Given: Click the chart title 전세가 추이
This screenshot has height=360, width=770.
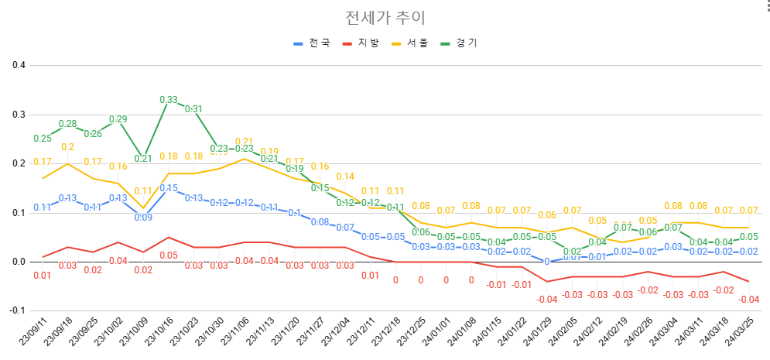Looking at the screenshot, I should [x=385, y=17].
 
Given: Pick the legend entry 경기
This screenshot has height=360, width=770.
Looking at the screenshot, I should [x=459, y=43].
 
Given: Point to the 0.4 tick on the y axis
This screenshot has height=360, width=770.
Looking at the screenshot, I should [x=19, y=65].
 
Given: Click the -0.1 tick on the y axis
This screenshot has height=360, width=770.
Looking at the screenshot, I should [x=17, y=310].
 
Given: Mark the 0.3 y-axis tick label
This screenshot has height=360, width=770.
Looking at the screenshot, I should [x=19, y=114].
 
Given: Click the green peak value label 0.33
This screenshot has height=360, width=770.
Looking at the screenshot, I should [x=169, y=100].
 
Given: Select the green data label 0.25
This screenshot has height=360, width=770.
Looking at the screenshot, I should [x=43, y=139].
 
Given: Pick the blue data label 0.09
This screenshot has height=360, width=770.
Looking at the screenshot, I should [x=143, y=218].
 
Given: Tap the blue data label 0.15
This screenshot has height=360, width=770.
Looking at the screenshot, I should [x=169, y=188].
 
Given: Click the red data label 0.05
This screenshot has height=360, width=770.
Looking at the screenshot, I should [x=169, y=255].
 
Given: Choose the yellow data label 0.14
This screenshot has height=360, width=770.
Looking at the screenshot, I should [x=345, y=177].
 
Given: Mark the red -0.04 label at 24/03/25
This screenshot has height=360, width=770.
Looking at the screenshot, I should [x=748, y=299].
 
